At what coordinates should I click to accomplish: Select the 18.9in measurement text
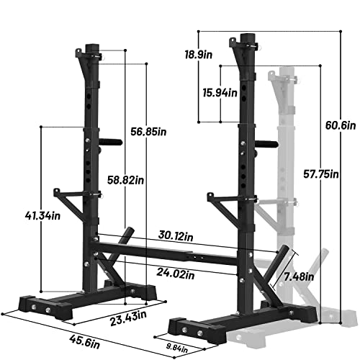tap(214, 55)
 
